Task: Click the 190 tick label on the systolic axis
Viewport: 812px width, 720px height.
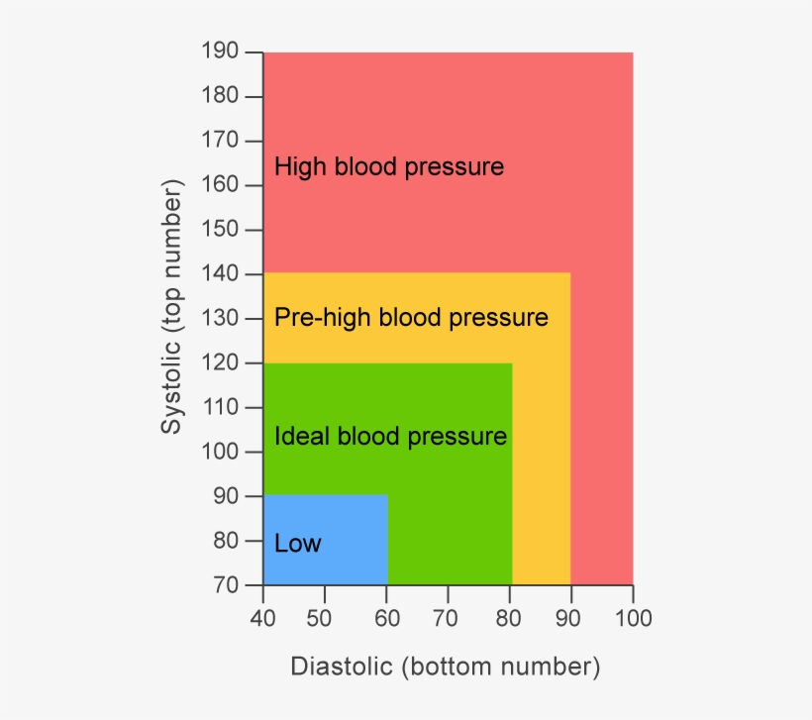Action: tap(219, 51)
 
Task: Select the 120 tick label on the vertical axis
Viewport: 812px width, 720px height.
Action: tap(219, 362)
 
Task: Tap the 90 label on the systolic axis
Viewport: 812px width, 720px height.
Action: tap(225, 496)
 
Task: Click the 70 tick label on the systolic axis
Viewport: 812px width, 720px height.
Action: tap(225, 585)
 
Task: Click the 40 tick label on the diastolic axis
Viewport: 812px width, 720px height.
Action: tap(262, 620)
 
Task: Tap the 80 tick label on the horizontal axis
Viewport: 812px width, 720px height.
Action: tap(511, 620)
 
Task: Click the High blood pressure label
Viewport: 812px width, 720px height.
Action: tap(389, 166)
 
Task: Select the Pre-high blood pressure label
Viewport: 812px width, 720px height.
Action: tap(411, 318)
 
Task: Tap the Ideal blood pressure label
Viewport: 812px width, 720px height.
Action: tap(390, 436)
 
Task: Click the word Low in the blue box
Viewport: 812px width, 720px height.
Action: tap(298, 544)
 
